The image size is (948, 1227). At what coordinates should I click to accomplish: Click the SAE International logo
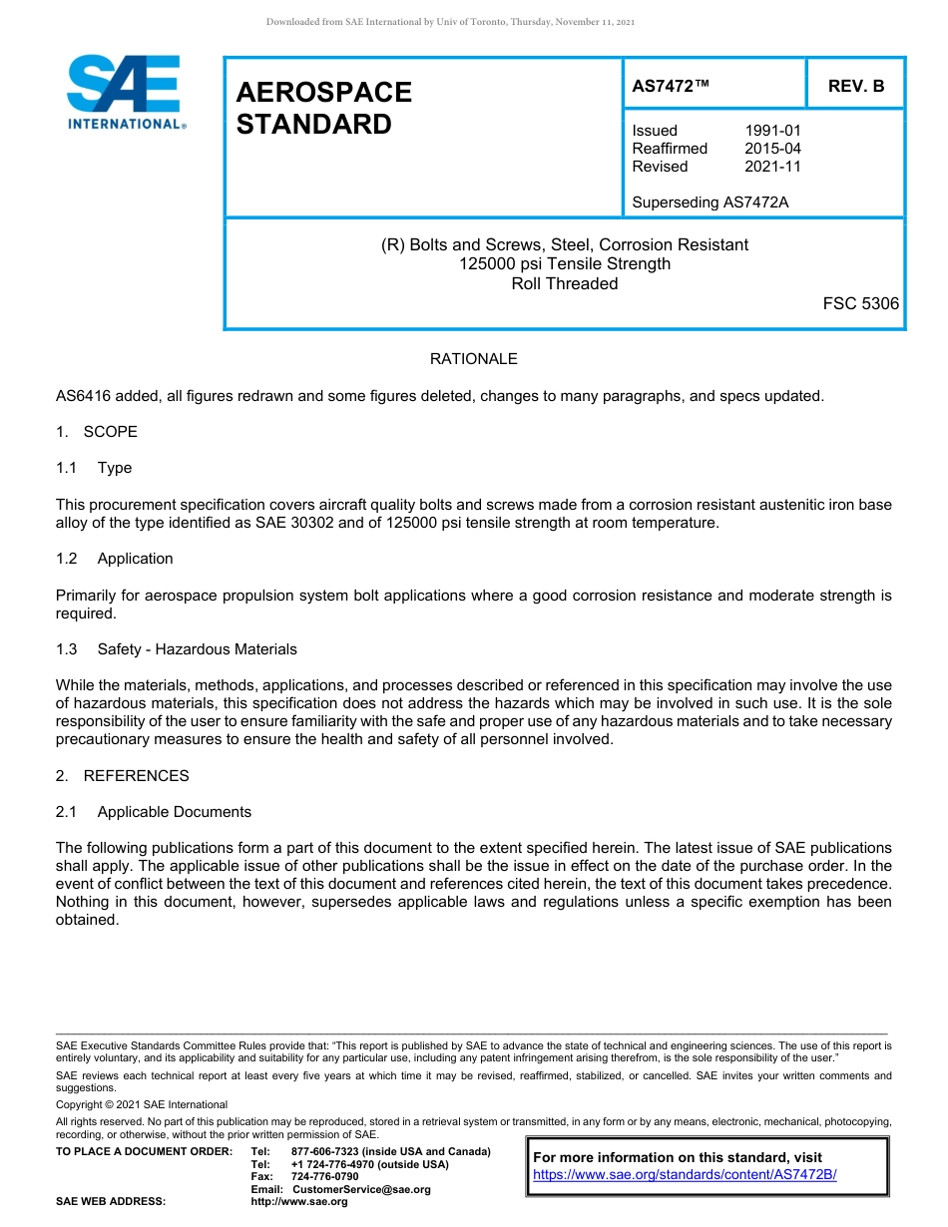pyautogui.click(x=125, y=92)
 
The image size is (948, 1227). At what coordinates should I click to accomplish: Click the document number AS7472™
pyautogui.click(x=671, y=87)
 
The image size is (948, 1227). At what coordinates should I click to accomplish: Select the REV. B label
pyautogui.click(x=856, y=87)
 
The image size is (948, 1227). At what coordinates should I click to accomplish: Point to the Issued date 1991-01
pyautogui.click(x=772, y=131)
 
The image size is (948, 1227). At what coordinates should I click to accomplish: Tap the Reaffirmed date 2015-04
pyautogui.click(x=772, y=149)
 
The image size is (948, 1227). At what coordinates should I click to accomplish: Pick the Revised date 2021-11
pyautogui.click(x=772, y=167)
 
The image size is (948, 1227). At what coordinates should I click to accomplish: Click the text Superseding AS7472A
pyautogui.click(x=710, y=203)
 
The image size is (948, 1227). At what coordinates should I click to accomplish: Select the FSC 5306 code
pyautogui.click(x=860, y=303)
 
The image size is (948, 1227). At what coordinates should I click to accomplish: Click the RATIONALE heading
pyautogui.click(x=473, y=359)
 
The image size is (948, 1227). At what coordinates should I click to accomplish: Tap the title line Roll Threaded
pyautogui.click(x=564, y=283)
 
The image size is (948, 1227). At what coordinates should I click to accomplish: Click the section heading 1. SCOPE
pyautogui.click(x=97, y=432)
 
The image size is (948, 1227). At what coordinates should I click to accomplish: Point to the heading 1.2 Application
pyautogui.click(x=115, y=559)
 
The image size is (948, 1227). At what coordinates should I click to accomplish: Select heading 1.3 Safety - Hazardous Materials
pyautogui.click(x=177, y=649)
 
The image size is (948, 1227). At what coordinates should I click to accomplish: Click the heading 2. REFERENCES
pyautogui.click(x=122, y=776)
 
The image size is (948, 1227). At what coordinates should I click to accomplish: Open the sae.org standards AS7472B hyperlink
pyautogui.click(x=685, y=1175)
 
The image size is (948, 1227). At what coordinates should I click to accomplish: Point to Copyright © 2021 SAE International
pyautogui.click(x=142, y=1105)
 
